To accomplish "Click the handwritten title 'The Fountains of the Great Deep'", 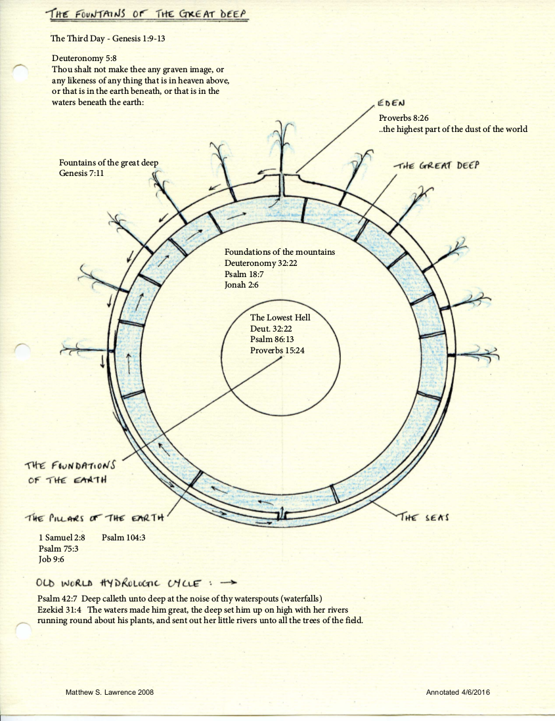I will coord(148,14).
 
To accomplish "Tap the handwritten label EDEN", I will coord(391,103).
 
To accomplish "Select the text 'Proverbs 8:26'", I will coord(403,118).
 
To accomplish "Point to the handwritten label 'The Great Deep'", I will coord(435,165).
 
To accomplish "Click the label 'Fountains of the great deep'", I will coord(108,163).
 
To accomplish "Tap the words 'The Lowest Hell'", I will coord(280,318).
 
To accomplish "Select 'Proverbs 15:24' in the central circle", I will coord(277,351).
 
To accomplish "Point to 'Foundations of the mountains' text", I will coord(280,252).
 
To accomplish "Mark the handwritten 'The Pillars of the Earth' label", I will coord(93,518).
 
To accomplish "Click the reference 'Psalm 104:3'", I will coord(123,538).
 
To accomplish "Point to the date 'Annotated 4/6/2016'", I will coord(458,693).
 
